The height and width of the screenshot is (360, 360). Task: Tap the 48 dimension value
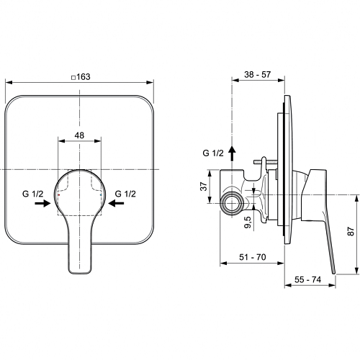[79, 135]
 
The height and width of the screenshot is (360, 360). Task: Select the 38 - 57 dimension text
[258, 75]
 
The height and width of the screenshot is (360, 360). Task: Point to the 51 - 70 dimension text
[253, 257]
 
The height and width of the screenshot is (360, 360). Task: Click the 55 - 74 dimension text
[307, 279]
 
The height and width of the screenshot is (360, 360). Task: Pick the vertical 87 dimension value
[351, 231]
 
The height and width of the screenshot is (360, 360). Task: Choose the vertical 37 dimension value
[204, 186]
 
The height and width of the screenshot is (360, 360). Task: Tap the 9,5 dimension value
[248, 222]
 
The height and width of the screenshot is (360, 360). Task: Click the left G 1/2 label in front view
[33, 194]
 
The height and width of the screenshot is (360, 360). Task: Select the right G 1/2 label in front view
[125, 194]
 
